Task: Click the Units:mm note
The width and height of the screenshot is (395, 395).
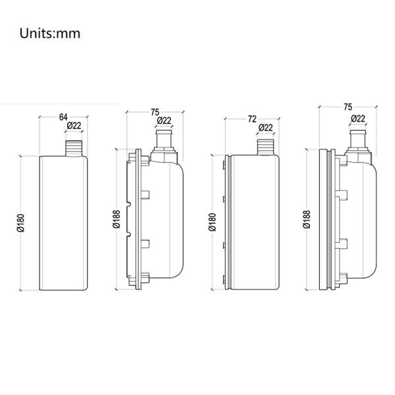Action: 50,34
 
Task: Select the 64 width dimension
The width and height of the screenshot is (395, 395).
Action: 63,117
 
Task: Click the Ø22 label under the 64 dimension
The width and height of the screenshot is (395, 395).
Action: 74,126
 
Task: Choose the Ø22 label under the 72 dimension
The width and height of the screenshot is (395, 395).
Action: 265,127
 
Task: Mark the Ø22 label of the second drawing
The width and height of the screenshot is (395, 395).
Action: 164,120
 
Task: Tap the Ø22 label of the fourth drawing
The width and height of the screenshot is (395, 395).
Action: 358,118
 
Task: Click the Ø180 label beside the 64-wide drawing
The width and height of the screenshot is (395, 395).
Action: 20,223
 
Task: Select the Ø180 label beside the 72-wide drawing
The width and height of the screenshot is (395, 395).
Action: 212,223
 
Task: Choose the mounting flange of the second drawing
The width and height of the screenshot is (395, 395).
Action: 137,221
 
